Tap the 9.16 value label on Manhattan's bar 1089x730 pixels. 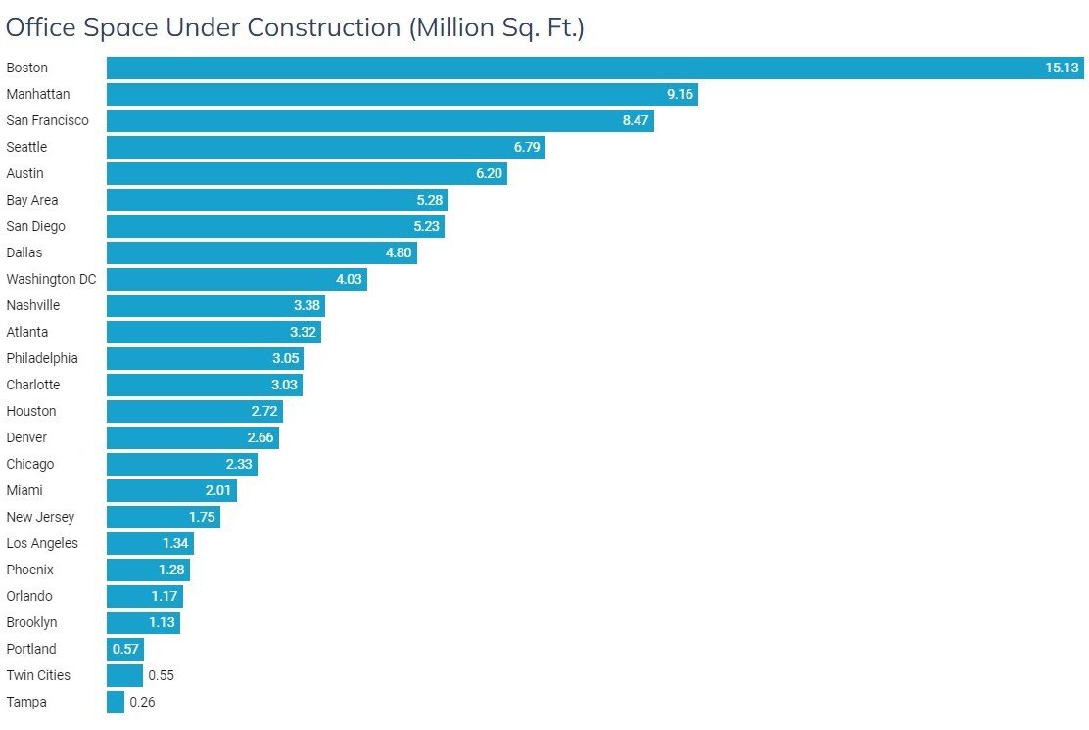(680, 95)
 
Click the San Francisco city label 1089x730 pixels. (47, 120)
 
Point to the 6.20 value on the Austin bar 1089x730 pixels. (489, 173)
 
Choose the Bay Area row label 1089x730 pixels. (32, 200)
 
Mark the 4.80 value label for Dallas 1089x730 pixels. (399, 252)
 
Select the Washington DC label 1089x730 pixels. (51, 279)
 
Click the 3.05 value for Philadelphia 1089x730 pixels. (285, 358)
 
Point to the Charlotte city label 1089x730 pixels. (33, 385)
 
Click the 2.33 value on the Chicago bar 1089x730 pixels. (239, 464)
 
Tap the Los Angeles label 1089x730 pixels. (42, 543)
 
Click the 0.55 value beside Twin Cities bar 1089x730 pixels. (161, 675)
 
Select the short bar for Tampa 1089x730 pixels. (116, 702)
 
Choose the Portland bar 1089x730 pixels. (124, 649)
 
